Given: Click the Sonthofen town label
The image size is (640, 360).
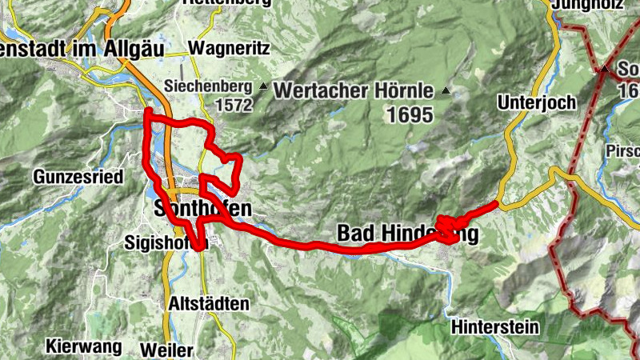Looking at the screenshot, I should [x=202, y=210].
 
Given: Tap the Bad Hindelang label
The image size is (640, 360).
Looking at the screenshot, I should [x=408, y=234].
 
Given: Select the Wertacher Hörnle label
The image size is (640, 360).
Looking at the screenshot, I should [x=354, y=90].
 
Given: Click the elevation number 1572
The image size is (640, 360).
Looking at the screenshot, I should [x=234, y=105].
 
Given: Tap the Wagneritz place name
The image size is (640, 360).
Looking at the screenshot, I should [x=230, y=48].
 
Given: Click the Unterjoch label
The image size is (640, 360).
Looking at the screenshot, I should [x=530, y=102].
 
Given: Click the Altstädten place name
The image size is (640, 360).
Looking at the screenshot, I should [x=209, y=304].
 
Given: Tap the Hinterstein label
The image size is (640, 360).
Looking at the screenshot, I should [x=495, y=326].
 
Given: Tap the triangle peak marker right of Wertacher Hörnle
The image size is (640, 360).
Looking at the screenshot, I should [x=446, y=90].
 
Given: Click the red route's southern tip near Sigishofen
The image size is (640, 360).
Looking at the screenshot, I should [x=199, y=248].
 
